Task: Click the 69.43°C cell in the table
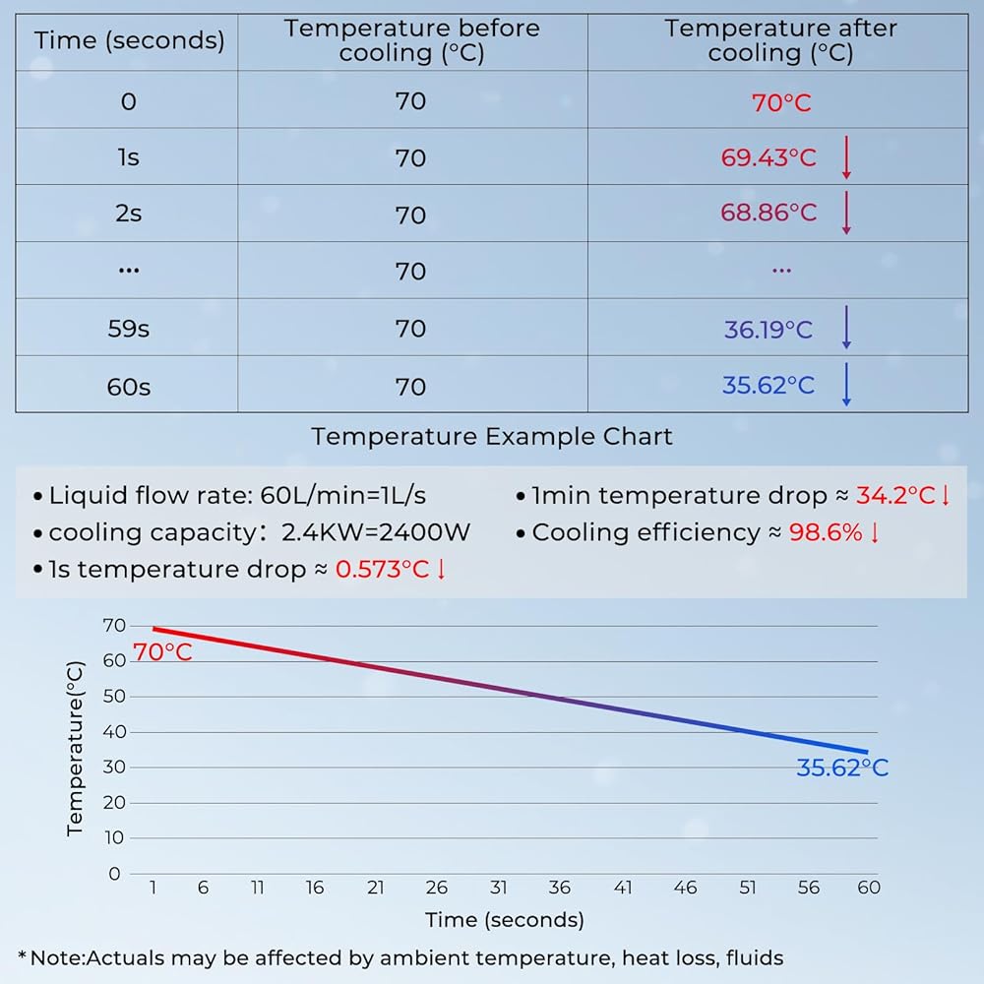click(x=769, y=157)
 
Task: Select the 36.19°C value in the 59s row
click(x=769, y=329)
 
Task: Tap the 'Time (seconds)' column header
click(x=129, y=41)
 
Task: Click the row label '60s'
click(x=129, y=387)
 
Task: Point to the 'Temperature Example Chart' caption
click(x=492, y=437)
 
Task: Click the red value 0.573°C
click(x=383, y=570)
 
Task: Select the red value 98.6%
click(x=826, y=532)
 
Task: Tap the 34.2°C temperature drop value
click(x=896, y=495)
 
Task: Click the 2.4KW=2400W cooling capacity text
click(x=376, y=532)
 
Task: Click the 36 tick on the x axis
click(x=559, y=888)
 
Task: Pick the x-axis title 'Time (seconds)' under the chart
click(x=505, y=920)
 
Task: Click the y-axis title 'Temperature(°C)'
click(x=76, y=749)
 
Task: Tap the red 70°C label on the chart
click(x=161, y=651)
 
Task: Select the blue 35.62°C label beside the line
click(x=841, y=769)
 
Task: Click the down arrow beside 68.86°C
click(x=845, y=214)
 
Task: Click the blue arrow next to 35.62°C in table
click(x=845, y=385)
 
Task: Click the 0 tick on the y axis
click(x=114, y=873)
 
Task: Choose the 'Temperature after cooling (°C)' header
click(x=781, y=41)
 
